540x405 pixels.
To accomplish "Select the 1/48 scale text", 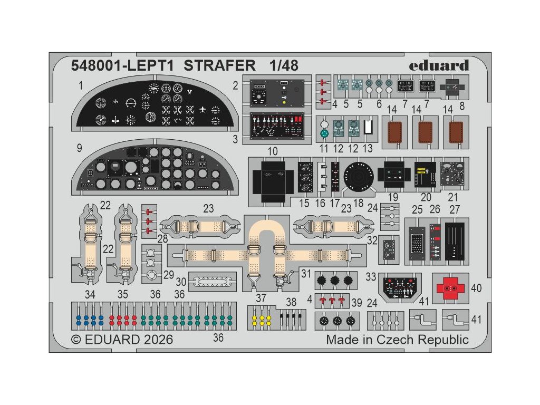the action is tap(283, 66).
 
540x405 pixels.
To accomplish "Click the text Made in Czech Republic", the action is tap(397, 340).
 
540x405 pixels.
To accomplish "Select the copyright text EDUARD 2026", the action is tap(121, 340).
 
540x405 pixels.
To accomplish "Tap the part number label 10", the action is tap(273, 152).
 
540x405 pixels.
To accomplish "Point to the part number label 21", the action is tap(452, 197).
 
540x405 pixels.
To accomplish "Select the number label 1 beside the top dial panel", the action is tap(81, 85).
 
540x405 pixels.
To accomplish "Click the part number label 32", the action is tap(372, 240).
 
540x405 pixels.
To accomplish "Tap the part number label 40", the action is tap(476, 288).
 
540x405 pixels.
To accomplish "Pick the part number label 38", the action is tap(292, 302).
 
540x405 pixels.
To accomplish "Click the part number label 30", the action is tap(181, 282).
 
